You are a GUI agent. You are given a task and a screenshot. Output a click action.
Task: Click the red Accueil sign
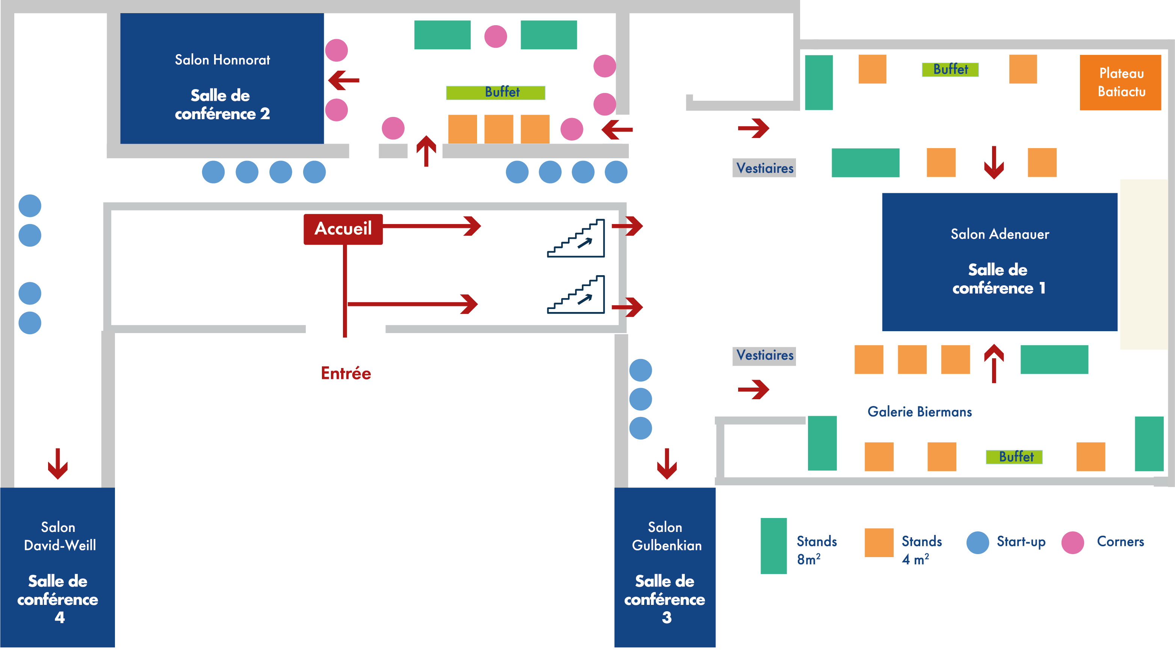[x=343, y=229]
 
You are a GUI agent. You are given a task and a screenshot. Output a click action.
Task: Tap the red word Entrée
[x=346, y=373]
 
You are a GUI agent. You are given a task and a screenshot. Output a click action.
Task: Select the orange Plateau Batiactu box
[x=1120, y=83]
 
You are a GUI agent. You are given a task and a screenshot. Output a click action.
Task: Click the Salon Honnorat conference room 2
[x=222, y=79]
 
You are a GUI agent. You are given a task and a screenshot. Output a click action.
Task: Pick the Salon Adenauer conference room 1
[x=999, y=262]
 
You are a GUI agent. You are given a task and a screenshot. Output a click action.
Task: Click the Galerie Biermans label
[x=920, y=412]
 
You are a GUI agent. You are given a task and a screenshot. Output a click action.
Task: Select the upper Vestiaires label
[x=764, y=168]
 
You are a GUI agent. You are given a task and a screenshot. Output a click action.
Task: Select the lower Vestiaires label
[x=764, y=355]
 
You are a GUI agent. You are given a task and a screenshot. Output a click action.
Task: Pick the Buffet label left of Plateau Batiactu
[x=950, y=70]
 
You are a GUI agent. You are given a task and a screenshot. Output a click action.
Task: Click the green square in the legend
[x=773, y=546]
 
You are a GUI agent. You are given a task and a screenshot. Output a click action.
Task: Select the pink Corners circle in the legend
[x=1072, y=543]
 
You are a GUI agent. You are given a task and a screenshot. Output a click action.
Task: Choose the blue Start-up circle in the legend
[x=977, y=543]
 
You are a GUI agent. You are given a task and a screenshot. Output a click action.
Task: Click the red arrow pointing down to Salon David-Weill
[x=58, y=464]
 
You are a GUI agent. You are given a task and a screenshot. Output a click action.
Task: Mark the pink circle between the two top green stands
[x=496, y=36]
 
